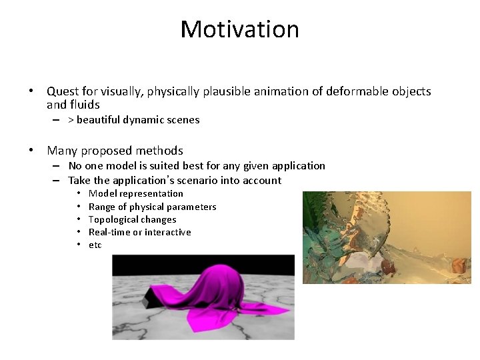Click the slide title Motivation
[x=239, y=29]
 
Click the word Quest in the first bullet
[x=63, y=91]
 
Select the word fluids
[x=83, y=105]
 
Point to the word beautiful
[x=98, y=120]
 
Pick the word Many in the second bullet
[x=62, y=151]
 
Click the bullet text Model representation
[x=135, y=193]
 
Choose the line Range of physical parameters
[x=152, y=207]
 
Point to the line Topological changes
[x=132, y=219]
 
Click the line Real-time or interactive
[x=139, y=232]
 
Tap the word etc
[x=95, y=245]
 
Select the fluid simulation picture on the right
[x=387, y=237]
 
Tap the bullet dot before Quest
[x=31, y=91]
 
